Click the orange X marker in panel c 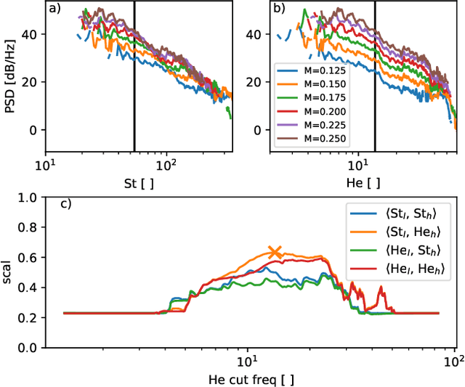(275, 252)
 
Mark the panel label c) (65, 204)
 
